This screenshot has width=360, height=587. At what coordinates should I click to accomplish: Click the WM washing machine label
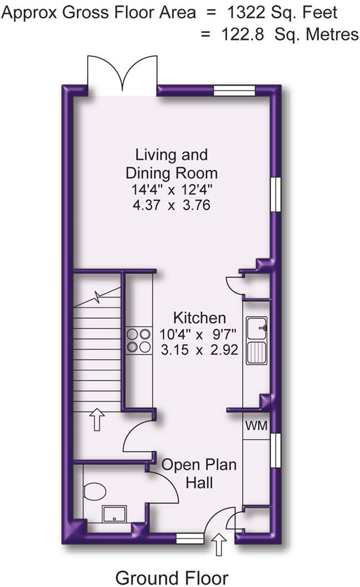point(257,426)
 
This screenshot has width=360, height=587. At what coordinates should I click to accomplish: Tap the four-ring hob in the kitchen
point(139,340)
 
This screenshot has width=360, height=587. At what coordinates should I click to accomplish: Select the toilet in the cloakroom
point(94,491)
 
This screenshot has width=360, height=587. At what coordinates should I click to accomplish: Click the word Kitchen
point(199,318)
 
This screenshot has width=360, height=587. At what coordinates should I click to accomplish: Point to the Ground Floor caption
point(172,576)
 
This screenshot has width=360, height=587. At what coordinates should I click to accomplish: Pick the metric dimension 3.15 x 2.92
point(199,350)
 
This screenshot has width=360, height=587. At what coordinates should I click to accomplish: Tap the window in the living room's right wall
point(274,194)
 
